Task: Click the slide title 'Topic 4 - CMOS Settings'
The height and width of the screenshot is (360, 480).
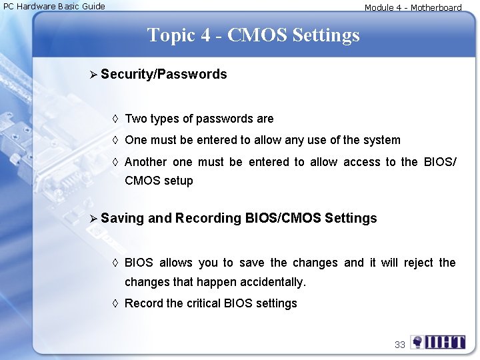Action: coord(253,35)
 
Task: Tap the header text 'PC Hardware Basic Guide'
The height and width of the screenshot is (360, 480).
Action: coord(55,7)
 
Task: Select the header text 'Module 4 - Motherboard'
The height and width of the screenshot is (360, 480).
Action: coord(413,8)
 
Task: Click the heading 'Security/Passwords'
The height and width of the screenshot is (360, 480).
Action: coord(164,74)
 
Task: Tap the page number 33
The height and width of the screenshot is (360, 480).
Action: coord(399,345)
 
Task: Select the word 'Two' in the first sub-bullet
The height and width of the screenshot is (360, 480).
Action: coord(136,119)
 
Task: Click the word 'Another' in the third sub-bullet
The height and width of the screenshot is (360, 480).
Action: coord(145,162)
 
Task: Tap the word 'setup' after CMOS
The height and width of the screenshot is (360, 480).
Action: coord(178,181)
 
